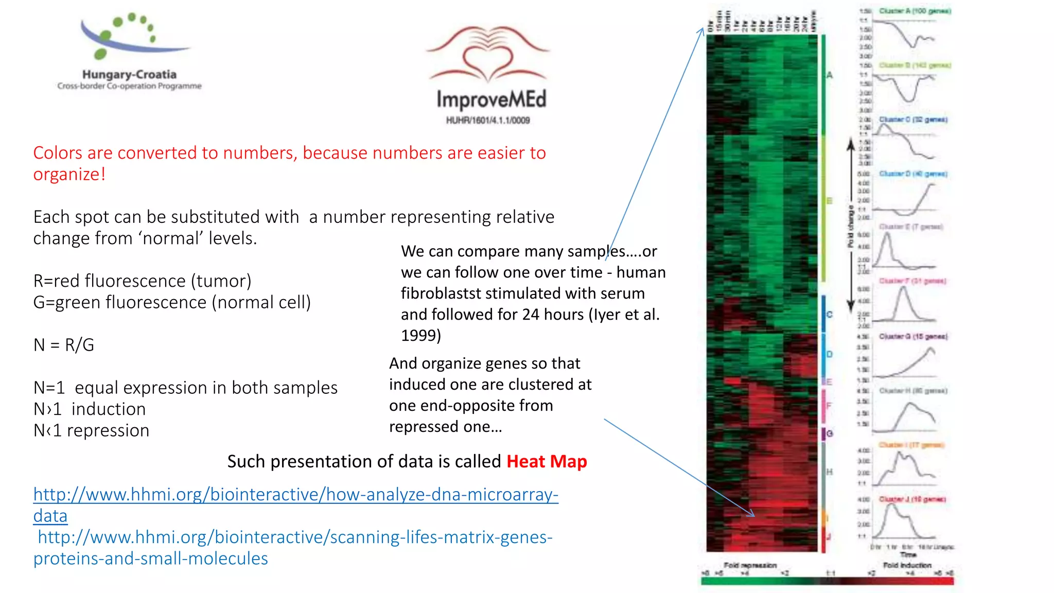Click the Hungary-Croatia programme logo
coord(129,51)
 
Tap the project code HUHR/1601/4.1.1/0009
coord(488,120)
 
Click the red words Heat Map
coord(547,461)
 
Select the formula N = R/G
coord(64,345)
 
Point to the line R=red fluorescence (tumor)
coord(142,281)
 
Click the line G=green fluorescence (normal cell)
coord(172,303)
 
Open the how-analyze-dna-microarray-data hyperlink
coord(295,495)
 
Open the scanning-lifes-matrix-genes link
coord(294,537)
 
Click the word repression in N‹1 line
coord(108,430)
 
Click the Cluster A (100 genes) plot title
coord(915,11)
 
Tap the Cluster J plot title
coord(912,499)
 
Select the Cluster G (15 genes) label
coord(913,336)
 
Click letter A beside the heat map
coord(829,75)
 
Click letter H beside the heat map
coord(829,472)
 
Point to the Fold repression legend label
coord(750,565)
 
